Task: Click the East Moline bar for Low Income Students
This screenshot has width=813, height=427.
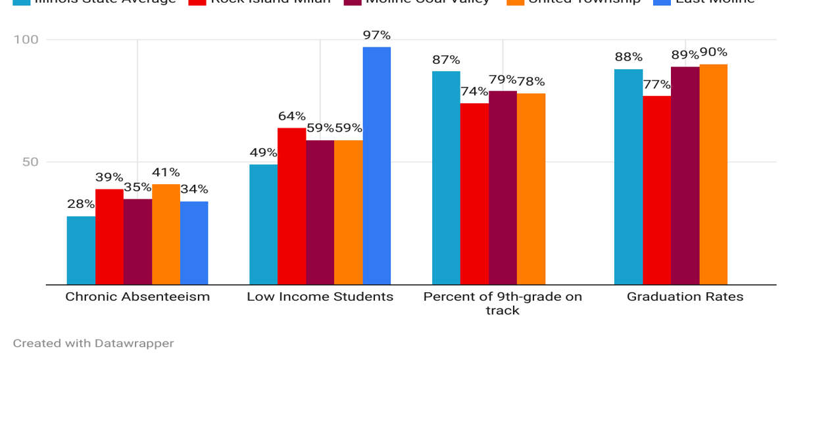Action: coord(376,166)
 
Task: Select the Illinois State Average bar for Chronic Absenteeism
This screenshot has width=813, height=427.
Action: coord(81,251)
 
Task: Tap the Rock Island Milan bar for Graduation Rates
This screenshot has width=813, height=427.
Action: coord(656,190)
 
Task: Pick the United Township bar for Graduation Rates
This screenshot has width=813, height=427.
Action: coord(713,174)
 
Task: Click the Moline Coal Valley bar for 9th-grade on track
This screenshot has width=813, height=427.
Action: coord(503,188)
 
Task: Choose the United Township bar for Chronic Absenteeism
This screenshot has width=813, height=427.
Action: coord(166,234)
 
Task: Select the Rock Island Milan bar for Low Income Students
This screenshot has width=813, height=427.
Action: coord(291,206)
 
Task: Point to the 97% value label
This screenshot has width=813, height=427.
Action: coord(377,35)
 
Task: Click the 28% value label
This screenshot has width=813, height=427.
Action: coord(81,204)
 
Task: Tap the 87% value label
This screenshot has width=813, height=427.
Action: coord(446,60)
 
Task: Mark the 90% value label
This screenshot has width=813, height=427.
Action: coord(714,52)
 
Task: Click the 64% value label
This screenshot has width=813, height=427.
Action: coord(291,116)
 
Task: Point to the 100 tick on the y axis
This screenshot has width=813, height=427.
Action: coord(26,39)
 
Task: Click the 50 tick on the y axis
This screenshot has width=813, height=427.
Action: coord(30,162)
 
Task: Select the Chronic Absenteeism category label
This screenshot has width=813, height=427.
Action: coord(137,297)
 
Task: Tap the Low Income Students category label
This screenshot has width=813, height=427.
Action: coord(320,297)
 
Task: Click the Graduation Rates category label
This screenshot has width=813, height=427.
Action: coord(685,297)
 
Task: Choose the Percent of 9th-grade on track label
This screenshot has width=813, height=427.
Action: coord(503,303)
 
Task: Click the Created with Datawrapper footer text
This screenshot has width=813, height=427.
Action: coord(93,343)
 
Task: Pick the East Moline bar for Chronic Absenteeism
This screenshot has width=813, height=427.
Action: coord(194,243)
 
